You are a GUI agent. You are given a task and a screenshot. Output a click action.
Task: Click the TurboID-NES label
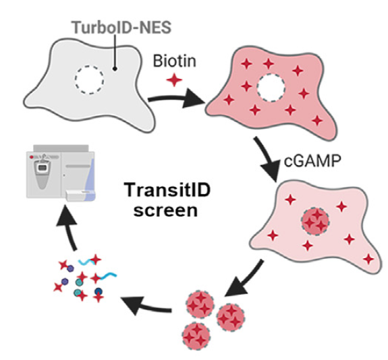click(x=121, y=27)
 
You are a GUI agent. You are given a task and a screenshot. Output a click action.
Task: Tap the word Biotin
click(x=175, y=61)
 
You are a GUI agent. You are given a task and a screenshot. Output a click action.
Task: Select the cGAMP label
click(x=312, y=161)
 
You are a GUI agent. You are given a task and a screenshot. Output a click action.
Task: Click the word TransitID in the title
click(x=168, y=190)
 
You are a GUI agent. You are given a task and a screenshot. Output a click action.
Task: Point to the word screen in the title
click(x=165, y=212)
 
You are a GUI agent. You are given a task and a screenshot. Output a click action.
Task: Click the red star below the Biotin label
click(x=175, y=80)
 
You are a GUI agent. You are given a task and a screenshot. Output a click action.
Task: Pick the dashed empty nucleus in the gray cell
click(x=89, y=80)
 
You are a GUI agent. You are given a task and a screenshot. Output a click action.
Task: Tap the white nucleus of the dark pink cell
click(x=271, y=88)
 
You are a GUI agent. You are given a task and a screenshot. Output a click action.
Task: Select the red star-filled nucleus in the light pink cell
click(x=315, y=221)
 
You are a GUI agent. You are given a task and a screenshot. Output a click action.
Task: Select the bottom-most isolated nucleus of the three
click(x=196, y=336)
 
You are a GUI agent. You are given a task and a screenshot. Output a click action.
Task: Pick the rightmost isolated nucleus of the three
click(x=231, y=318)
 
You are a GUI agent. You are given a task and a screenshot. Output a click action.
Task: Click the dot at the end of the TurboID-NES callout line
click(x=115, y=69)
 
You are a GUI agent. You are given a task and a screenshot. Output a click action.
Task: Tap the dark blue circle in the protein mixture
click(x=99, y=291)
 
